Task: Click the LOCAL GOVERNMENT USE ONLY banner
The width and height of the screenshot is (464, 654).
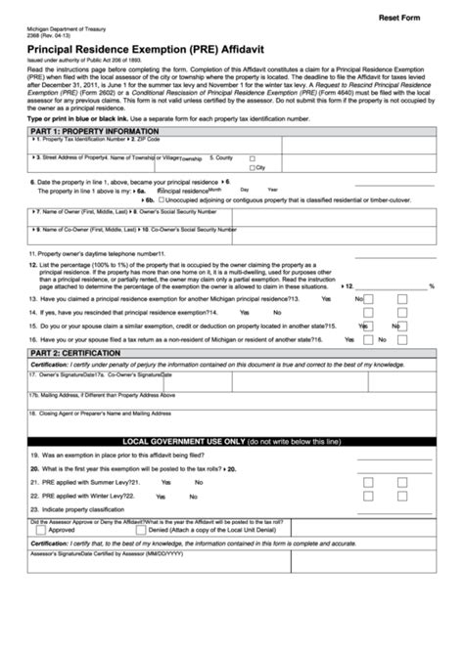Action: [x=231, y=442]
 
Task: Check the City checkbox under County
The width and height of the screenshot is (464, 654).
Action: [x=253, y=167]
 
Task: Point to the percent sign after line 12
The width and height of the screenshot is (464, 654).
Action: [x=431, y=286]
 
